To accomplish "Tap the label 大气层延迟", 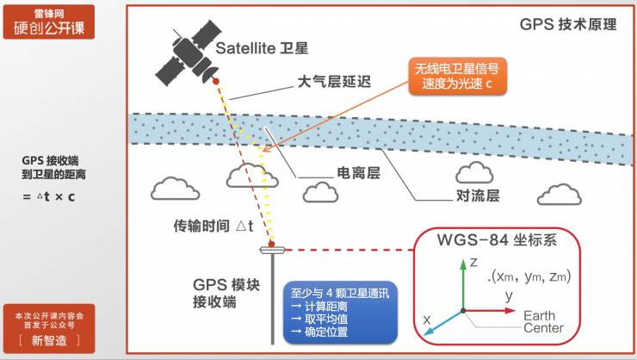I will [x=333, y=83].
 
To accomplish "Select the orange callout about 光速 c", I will [x=459, y=78].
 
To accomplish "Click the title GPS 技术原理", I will [x=568, y=24].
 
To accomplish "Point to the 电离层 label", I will [x=357, y=173].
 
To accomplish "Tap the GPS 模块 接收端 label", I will [x=226, y=292].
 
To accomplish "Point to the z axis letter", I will [x=473, y=263].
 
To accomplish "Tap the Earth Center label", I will [x=544, y=321].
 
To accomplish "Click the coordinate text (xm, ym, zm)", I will [x=529, y=276].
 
